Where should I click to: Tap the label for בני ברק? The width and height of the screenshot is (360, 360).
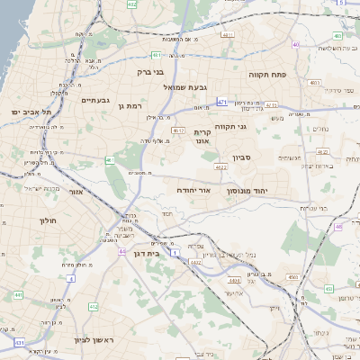click(151, 70)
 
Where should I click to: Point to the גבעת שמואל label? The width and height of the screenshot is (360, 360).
click(187, 86)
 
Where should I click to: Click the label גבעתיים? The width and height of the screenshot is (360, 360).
click(94, 101)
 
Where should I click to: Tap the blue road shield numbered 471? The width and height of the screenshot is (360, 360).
click(221, 103)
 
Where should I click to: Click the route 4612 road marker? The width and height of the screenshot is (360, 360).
click(178, 130)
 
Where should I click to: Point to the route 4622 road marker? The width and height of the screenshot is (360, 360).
click(220, 166)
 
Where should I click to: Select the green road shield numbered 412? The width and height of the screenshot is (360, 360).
click(93, 307)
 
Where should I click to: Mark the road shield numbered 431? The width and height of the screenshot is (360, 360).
click(20, 344)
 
